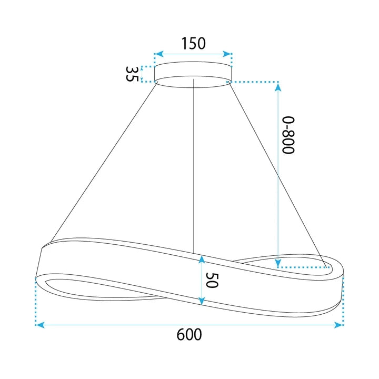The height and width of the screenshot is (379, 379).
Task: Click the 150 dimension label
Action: point(193,44)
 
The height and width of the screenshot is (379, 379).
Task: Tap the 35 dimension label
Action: point(132,74)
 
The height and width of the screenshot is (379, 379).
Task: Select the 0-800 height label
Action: point(288,135)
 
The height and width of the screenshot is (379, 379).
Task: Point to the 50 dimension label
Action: point(212,280)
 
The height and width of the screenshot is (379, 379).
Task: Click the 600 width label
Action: point(189,335)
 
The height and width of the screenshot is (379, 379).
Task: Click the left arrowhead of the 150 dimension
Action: point(159,54)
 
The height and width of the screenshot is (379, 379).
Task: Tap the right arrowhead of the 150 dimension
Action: point(227,54)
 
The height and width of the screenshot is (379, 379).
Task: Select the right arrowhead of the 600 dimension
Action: point(338,325)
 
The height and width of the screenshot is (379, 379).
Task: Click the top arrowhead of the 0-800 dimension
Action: point(278,86)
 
